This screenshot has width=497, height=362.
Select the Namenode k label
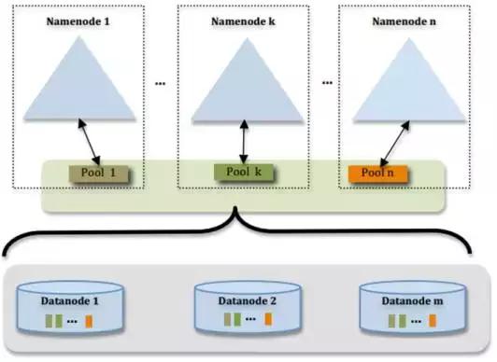242,19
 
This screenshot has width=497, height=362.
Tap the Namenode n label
399,19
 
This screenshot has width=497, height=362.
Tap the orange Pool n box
376,174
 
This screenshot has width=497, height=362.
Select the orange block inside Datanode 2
266,320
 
